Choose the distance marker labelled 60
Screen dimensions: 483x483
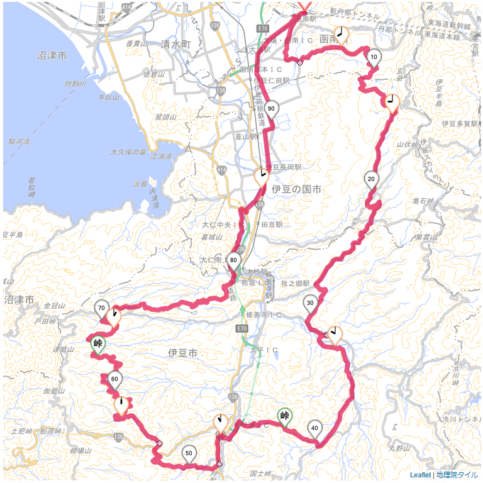point(114,379)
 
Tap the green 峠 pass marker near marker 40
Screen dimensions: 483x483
point(285,415)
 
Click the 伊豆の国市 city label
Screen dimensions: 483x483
point(296,189)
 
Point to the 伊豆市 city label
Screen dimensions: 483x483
point(183,354)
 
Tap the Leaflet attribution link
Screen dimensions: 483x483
point(420,475)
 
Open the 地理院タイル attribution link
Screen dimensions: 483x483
point(457,475)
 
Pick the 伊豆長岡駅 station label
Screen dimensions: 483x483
point(284,167)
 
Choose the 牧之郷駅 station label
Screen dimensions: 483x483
point(296,284)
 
